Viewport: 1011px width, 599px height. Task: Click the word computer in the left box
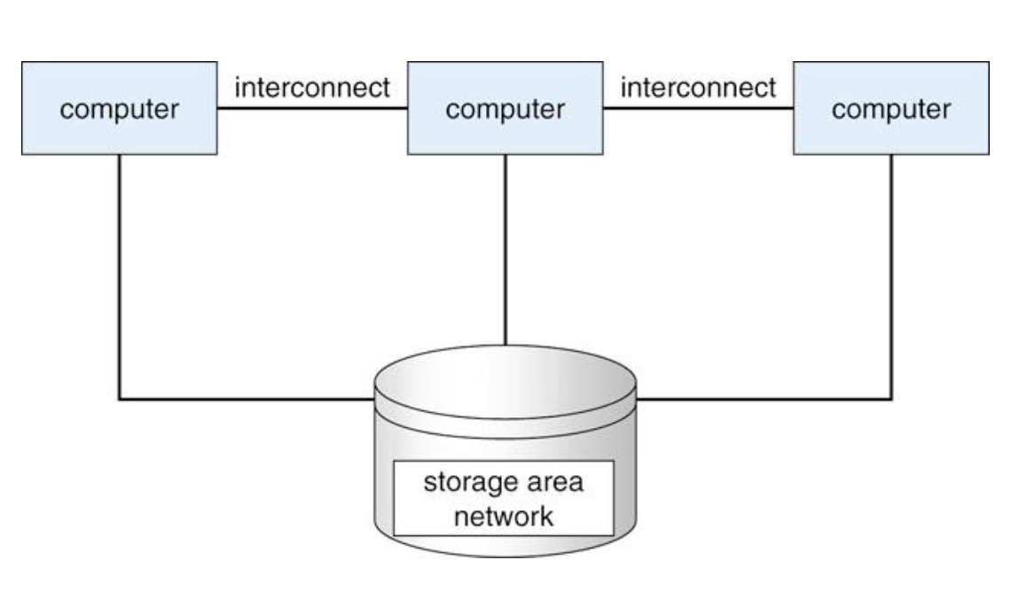(x=119, y=110)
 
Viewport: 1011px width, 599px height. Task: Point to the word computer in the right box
(x=890, y=110)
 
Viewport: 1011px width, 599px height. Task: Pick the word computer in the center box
(x=505, y=110)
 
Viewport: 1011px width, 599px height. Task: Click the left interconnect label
(x=312, y=89)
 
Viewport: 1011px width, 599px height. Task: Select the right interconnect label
(x=698, y=89)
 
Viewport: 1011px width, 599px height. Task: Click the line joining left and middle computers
(x=312, y=108)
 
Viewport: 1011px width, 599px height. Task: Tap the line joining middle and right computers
(x=698, y=108)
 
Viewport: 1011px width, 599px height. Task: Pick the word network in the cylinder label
(x=504, y=516)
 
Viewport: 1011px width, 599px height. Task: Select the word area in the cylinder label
(x=552, y=485)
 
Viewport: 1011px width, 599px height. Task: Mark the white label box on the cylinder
(x=504, y=499)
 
